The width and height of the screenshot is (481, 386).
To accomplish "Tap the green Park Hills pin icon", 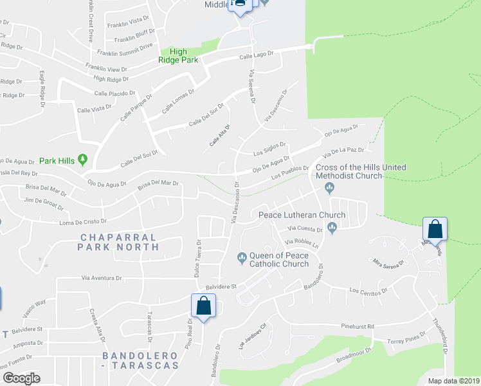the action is tap(82, 160).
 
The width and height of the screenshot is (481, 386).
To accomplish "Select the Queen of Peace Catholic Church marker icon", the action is tap(242, 259).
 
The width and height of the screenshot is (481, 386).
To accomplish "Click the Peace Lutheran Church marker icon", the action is tap(332, 226).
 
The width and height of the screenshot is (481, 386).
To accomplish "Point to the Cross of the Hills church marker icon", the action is tap(330, 188).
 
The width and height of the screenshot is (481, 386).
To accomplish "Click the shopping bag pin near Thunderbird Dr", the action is tap(435, 230).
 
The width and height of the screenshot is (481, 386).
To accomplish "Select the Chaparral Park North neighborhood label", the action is tap(118, 241).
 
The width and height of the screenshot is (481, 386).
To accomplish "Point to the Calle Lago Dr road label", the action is tap(257, 55).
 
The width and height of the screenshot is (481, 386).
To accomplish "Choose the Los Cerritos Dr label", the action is tap(368, 290).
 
